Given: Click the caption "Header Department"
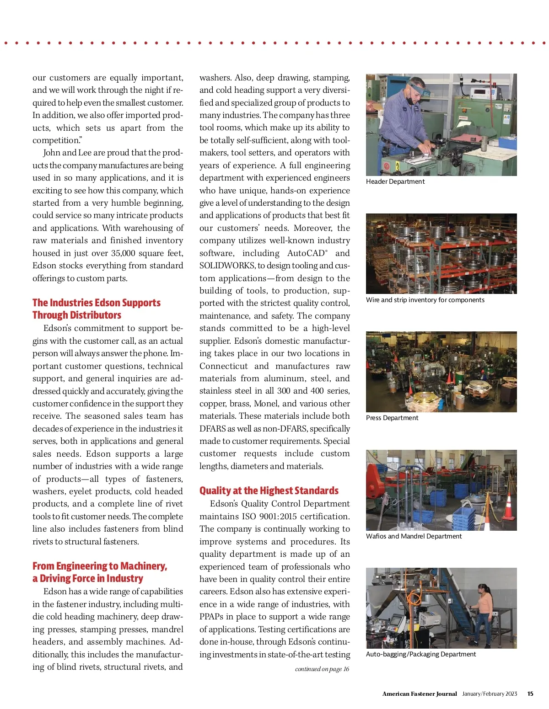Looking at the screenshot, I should pos(395,181).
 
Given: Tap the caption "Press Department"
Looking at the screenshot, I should pos(392,418).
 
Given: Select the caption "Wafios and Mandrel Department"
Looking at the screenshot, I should pos(414,536).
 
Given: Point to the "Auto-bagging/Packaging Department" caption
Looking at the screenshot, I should pos(421,654).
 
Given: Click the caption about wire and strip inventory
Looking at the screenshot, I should pos(425,300).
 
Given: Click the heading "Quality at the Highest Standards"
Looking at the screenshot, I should pos(269,490).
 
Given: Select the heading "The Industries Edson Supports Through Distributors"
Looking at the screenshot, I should pos(97,309).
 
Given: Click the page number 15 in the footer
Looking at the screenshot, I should pos(530,693).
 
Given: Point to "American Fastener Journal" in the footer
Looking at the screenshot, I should pos(420,693).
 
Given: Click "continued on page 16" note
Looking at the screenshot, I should pos(322,669).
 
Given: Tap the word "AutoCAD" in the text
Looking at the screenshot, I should pos(307,253).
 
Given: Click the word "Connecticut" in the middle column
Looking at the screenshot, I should pos(224,366).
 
